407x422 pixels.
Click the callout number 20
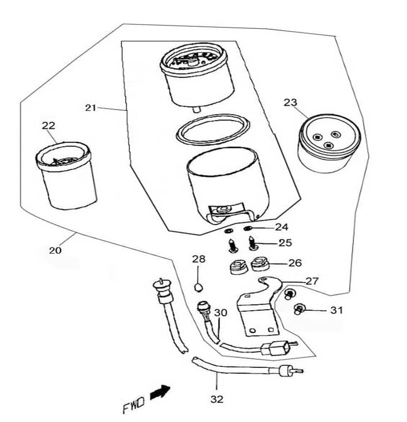[55, 250]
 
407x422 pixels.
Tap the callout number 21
[91, 108]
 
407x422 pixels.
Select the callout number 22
[48, 125]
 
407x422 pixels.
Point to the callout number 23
[290, 102]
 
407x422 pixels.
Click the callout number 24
[281, 227]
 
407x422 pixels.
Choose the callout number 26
[295, 263]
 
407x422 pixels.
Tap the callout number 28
[199, 259]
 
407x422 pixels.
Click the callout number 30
[220, 313]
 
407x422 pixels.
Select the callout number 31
[336, 311]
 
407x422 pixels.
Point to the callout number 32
[217, 398]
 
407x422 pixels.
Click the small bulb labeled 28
[199, 288]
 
